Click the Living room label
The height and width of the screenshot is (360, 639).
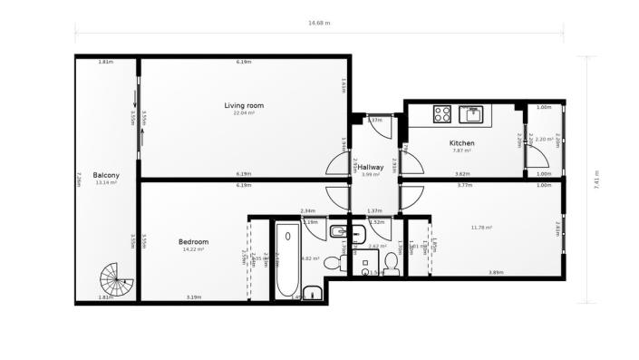pyautogui.click(x=244, y=106)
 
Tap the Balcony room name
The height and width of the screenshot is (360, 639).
pyautogui.click(x=107, y=175)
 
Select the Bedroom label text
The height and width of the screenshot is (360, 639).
pyautogui.click(x=194, y=241)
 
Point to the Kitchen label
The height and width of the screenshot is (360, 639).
pyautogui.click(x=461, y=143)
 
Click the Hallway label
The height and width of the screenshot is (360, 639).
pyautogui.click(x=370, y=167)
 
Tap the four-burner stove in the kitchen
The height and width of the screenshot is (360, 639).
pyautogui.click(x=443, y=114)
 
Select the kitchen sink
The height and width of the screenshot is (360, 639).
pyautogui.click(x=472, y=114)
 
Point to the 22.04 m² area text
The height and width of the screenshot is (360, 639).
pyautogui.click(x=244, y=113)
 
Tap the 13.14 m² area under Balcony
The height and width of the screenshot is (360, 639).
pyautogui.click(x=107, y=182)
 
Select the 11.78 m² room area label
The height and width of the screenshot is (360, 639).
pyautogui.click(x=481, y=228)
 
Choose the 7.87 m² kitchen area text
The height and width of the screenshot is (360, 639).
pyautogui.click(x=461, y=151)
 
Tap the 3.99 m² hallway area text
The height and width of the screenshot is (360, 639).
pyautogui.click(x=370, y=174)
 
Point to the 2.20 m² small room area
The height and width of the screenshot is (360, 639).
pyautogui.click(x=546, y=140)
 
